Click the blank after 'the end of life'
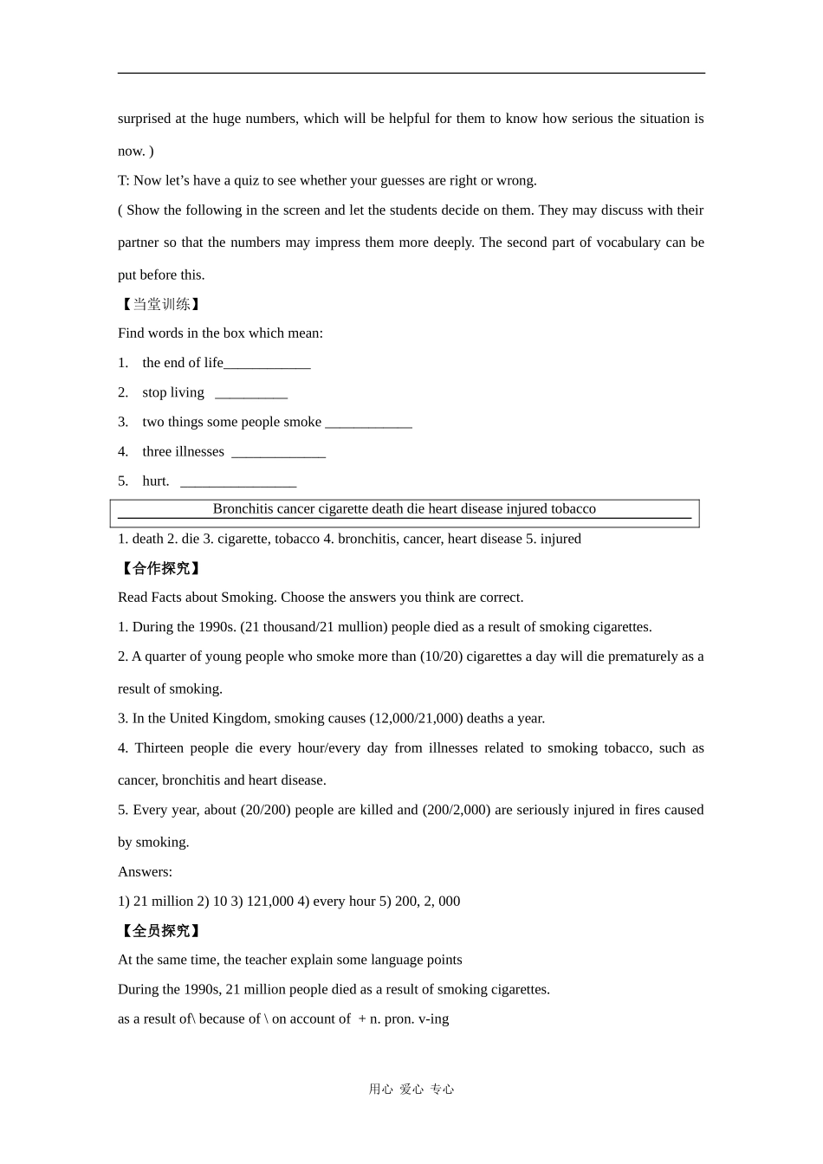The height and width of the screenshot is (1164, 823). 267,365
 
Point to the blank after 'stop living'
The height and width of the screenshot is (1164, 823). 250,394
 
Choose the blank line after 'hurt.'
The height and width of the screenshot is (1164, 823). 238,482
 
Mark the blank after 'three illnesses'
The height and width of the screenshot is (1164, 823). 278,453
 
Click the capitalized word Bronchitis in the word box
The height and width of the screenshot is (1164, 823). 243,509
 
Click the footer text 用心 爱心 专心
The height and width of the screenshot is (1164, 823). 411,1090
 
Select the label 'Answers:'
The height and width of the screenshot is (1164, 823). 145,871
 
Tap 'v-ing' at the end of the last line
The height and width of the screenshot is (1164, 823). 433,1018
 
